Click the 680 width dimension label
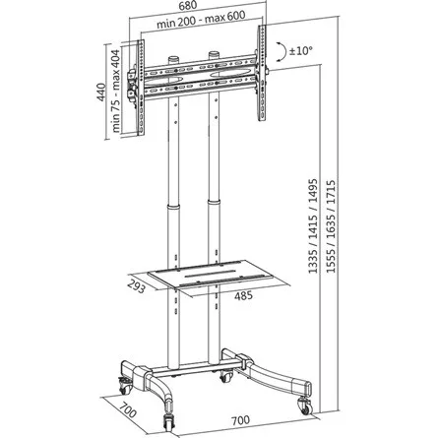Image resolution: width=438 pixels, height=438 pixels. [x=203, y=6]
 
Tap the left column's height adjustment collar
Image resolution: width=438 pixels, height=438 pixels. [x=174, y=209]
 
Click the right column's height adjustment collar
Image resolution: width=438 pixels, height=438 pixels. [x=214, y=209]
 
